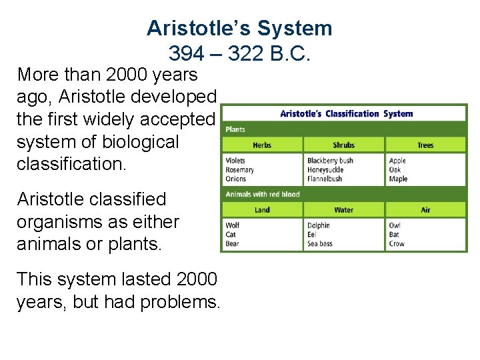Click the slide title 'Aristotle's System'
(239, 28)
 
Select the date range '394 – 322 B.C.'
(239, 53)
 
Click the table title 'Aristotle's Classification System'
(346, 113)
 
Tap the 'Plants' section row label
(235, 129)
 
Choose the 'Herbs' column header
(262, 145)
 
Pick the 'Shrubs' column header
(343, 145)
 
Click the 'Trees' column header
(425, 145)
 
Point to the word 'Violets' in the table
(235, 161)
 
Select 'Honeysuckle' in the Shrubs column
(325, 169)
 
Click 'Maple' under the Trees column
(398, 179)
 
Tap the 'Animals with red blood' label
(263, 194)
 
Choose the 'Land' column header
(262, 210)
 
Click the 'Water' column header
(343, 210)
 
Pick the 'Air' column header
(425, 210)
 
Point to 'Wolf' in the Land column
(233, 225)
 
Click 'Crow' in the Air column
(397, 243)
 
